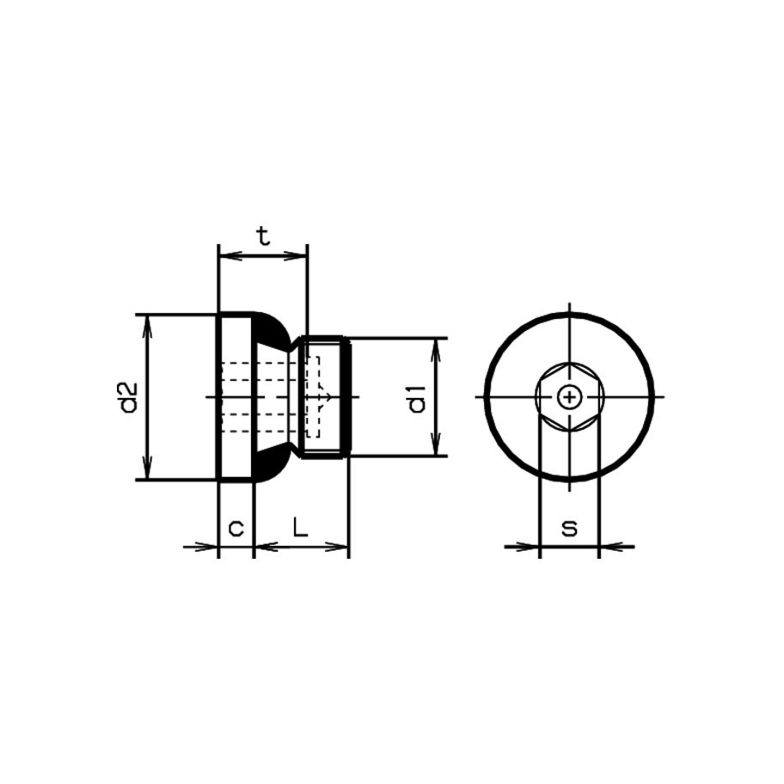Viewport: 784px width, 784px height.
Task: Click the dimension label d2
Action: point(128,397)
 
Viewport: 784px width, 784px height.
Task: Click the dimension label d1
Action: point(417,399)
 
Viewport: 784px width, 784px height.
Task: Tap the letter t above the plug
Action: point(263,236)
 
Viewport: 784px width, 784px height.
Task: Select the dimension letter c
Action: point(236,528)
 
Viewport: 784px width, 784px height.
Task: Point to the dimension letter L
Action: point(300,526)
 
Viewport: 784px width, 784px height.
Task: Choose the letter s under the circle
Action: point(569,528)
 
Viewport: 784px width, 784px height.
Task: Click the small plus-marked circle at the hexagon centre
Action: point(569,397)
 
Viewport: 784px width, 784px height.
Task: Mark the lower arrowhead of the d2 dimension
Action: point(147,467)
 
